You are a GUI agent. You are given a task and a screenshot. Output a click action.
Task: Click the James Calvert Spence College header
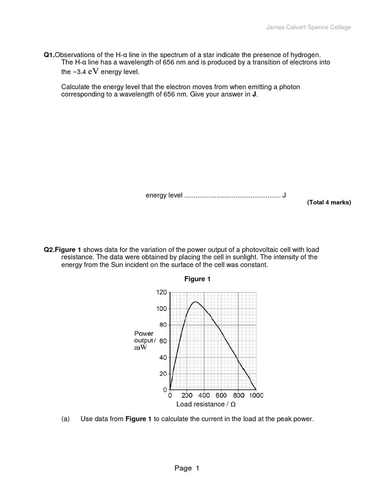[x=308, y=27]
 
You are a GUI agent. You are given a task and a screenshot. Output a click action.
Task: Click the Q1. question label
[x=49, y=55]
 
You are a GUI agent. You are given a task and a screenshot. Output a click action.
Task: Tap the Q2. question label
[x=49, y=250]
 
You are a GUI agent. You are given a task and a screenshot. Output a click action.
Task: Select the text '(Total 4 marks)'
[x=329, y=202]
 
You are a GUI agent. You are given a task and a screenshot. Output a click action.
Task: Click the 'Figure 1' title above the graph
[x=197, y=279]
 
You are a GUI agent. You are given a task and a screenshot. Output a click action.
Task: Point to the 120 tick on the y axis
[x=161, y=292]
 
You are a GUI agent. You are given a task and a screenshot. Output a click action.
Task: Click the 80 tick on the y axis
[x=163, y=325]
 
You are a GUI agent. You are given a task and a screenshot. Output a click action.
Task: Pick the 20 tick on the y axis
[x=163, y=374]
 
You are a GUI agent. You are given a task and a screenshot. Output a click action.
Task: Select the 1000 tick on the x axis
[x=256, y=396]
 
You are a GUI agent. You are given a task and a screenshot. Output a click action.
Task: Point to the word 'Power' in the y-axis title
[x=144, y=333]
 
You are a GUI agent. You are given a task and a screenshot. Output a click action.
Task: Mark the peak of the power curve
[x=196, y=302]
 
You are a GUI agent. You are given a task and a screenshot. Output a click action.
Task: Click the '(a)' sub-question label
[x=66, y=419]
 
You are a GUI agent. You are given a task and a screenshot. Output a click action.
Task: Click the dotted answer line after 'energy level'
[x=232, y=196]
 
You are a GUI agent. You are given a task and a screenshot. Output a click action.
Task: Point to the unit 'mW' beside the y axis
[x=140, y=348]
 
